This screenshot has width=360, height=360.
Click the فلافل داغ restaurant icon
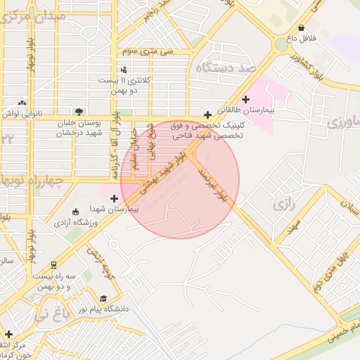[x=302, y=29]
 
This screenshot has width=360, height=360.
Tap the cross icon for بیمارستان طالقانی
[x=245, y=99]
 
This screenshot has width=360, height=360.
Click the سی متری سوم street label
[x=147, y=51]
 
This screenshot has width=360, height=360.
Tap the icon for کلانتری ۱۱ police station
[x=124, y=69]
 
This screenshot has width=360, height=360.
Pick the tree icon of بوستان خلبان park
[x=78, y=111]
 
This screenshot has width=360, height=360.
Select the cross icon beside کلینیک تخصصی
[x=207, y=115]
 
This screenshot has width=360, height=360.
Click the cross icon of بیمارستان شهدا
[x=115, y=198]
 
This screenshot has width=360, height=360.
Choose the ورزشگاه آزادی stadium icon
[x=76, y=212]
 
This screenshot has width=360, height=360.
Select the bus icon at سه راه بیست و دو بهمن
[x=53, y=264]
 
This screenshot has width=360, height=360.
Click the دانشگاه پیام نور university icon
[x=103, y=298]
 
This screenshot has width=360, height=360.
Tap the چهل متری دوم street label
[x=332, y=271]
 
